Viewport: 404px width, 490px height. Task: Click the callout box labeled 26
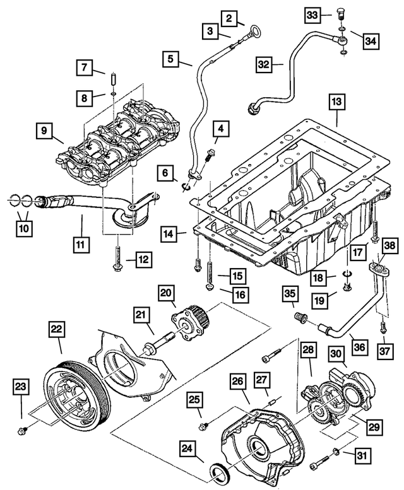pyautogui.click(x=237, y=381)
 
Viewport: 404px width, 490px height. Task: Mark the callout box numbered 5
pyautogui.click(x=170, y=60)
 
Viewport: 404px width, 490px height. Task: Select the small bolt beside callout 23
pyautogui.click(x=21, y=431)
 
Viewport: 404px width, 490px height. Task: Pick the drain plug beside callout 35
pyautogui.click(x=300, y=315)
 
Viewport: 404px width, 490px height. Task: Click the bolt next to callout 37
pyautogui.click(x=383, y=327)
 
